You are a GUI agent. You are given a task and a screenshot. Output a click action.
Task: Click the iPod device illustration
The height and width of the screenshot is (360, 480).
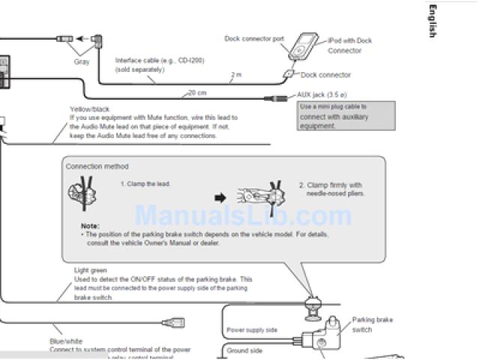[x=304, y=46]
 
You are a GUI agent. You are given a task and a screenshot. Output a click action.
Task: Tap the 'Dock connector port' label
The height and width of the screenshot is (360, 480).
[x=254, y=38]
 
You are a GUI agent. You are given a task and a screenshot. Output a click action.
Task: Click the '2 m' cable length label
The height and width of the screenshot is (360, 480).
[x=236, y=74]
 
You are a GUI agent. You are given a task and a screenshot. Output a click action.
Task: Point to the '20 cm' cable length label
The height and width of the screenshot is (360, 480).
[x=196, y=92]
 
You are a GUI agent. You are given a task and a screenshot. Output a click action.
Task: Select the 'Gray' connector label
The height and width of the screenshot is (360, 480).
[x=82, y=62]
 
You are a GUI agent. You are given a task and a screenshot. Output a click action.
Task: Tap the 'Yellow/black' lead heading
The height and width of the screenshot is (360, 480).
[x=89, y=109]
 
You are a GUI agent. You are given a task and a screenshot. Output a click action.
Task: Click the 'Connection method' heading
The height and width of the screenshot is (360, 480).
[x=97, y=166]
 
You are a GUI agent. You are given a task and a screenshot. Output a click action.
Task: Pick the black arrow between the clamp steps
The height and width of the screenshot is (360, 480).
[x=220, y=198]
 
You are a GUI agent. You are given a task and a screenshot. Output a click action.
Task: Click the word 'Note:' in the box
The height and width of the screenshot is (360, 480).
[x=90, y=226]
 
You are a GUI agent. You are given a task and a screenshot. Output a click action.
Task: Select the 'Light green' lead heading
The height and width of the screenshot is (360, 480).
[x=91, y=270]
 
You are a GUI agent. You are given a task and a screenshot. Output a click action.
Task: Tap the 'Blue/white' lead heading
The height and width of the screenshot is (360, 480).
[x=65, y=341]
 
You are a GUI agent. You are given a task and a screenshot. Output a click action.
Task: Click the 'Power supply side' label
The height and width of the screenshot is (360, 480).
[x=251, y=330]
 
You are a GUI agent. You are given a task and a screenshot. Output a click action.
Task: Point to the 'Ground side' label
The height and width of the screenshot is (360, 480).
[x=244, y=350]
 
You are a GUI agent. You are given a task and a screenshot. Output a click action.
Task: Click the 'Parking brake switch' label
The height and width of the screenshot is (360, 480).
[x=372, y=325]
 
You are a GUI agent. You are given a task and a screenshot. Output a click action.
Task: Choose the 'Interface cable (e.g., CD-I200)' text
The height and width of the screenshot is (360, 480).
[x=160, y=60]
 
